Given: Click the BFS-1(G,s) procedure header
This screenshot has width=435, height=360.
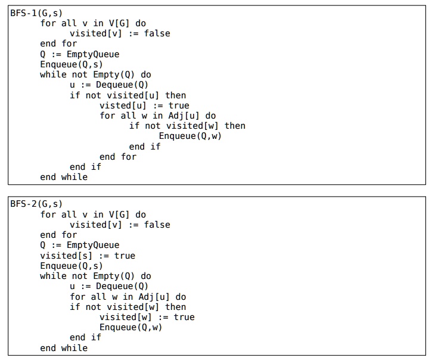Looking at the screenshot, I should (36, 13).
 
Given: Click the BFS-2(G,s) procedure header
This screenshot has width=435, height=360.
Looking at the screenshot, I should (36, 204).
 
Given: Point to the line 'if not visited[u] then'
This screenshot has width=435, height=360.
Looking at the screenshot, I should (128, 95).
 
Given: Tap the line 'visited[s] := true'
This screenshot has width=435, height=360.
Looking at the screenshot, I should (88, 256).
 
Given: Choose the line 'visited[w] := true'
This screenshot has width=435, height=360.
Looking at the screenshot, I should (147, 317).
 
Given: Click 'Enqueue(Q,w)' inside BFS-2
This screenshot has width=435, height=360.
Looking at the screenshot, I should (130, 327).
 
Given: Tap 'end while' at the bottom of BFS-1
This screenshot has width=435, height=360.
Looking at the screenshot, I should (63, 177).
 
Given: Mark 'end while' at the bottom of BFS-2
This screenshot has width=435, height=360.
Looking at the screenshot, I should (63, 348).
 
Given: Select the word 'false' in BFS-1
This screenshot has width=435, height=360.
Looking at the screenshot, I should (157, 33).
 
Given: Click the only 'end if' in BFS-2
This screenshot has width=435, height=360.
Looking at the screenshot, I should (85, 337).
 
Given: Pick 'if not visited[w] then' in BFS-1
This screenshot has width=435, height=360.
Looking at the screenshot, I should (187, 126).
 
